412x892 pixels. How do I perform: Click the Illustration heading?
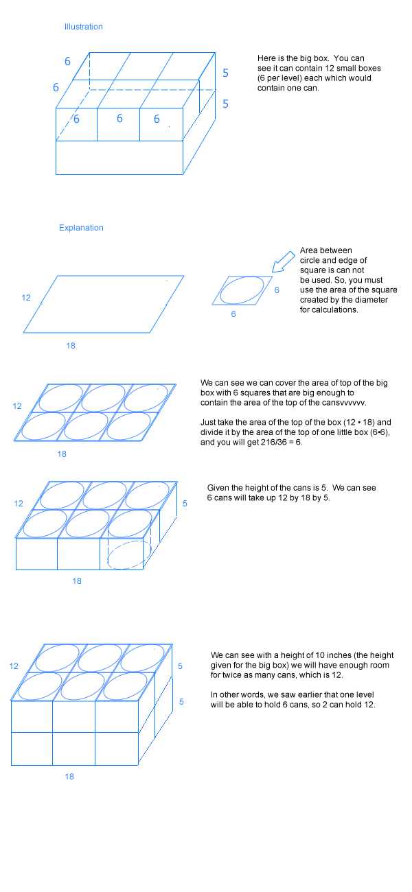pyautogui.click(x=84, y=27)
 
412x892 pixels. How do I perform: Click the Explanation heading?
pyautogui.click(x=81, y=228)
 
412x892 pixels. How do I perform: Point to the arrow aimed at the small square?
pyautogui.click(x=284, y=261)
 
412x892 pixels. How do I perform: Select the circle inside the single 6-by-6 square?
pyautogui.click(x=242, y=290)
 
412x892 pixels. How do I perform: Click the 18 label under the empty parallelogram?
pyautogui.click(x=71, y=346)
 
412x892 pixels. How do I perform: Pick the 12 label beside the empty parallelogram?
pyautogui.click(x=26, y=298)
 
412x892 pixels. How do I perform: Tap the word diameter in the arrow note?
pyautogui.click(x=372, y=300)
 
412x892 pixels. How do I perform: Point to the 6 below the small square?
pyautogui.click(x=233, y=314)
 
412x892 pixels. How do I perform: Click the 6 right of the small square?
pyautogui.click(x=277, y=290)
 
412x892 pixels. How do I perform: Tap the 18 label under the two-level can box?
pyautogui.click(x=70, y=777)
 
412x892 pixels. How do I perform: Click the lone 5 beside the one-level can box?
pyautogui.click(x=185, y=504)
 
